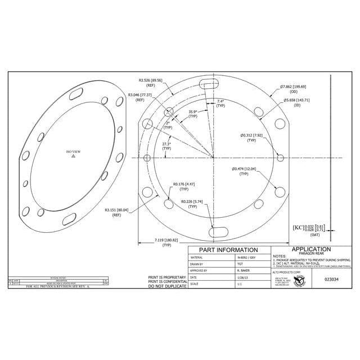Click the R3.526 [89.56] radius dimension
[x=150, y=80]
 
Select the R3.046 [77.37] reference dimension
[x=140, y=95]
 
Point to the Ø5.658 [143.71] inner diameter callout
[x=297, y=100]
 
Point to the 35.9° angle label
[x=193, y=112]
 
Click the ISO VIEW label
[x=73, y=152]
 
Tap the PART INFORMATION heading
[x=228, y=250]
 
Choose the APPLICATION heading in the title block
[x=310, y=249]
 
